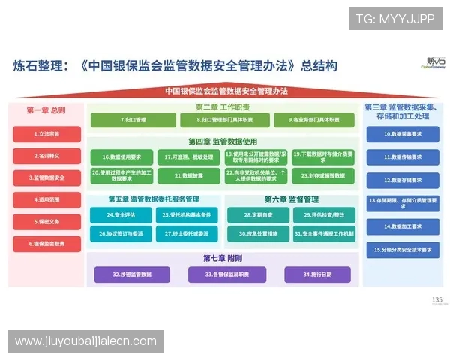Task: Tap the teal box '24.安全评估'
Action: point(122,214)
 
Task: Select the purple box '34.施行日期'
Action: point(318,274)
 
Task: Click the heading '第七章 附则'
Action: point(222,258)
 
